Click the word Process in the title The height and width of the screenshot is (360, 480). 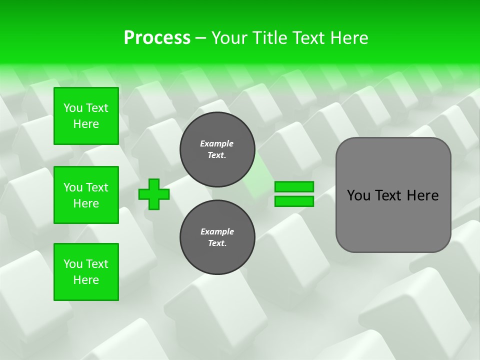tap(157, 37)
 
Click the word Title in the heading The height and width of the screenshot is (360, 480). tap(268, 37)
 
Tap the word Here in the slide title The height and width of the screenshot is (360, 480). tap(348, 37)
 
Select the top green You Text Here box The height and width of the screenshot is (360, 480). tap(86, 116)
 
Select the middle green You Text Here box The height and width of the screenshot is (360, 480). tap(86, 195)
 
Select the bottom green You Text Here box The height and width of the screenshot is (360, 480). tap(86, 272)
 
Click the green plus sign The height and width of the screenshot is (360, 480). tap(154, 194)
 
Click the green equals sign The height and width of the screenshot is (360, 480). tap(294, 194)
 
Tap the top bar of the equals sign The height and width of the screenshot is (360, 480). tap(294, 186)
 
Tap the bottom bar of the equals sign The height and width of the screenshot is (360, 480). tap(294, 201)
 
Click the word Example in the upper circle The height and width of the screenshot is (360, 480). tap(216, 143)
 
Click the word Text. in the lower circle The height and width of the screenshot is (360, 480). tap(217, 243)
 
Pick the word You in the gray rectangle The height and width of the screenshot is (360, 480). tap(358, 195)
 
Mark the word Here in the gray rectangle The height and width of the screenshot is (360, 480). tap(422, 195)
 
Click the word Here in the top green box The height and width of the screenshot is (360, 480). tap(86, 124)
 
